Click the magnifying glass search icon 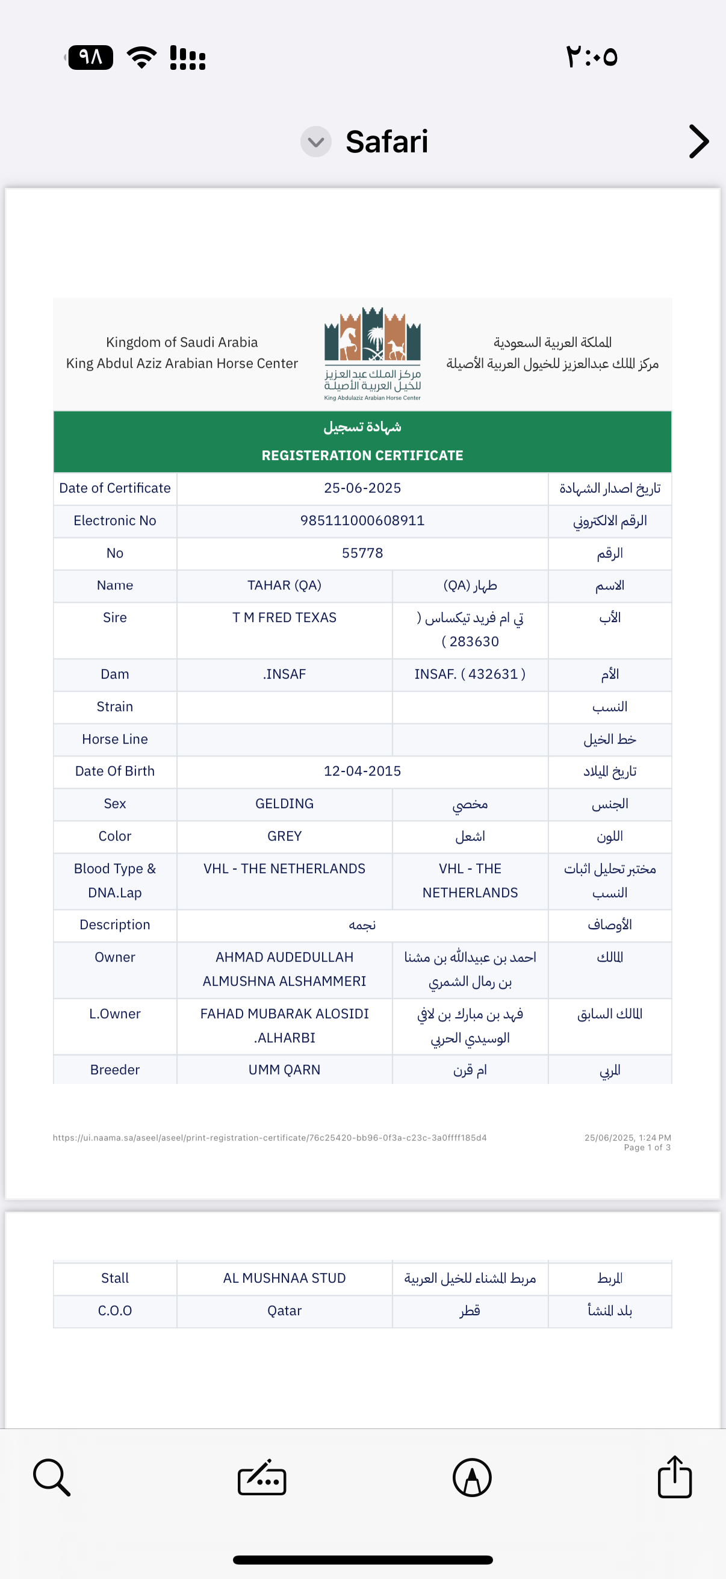[51, 1477]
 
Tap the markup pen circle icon [472, 1477]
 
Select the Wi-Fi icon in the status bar [141, 58]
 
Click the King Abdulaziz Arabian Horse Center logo [373, 353]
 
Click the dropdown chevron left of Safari [315, 142]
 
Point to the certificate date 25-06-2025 [362, 488]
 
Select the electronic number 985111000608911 [362, 520]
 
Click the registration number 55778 [362, 553]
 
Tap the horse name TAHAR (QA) [284, 585]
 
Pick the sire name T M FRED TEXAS [284, 617]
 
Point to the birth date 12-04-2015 [362, 771]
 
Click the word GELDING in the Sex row [284, 803]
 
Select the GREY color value [284, 836]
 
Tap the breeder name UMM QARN [284, 1070]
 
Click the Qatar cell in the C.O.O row [284, 1310]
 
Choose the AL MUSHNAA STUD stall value [284, 1278]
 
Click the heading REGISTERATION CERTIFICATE [362, 455]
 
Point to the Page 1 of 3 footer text [647, 1147]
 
